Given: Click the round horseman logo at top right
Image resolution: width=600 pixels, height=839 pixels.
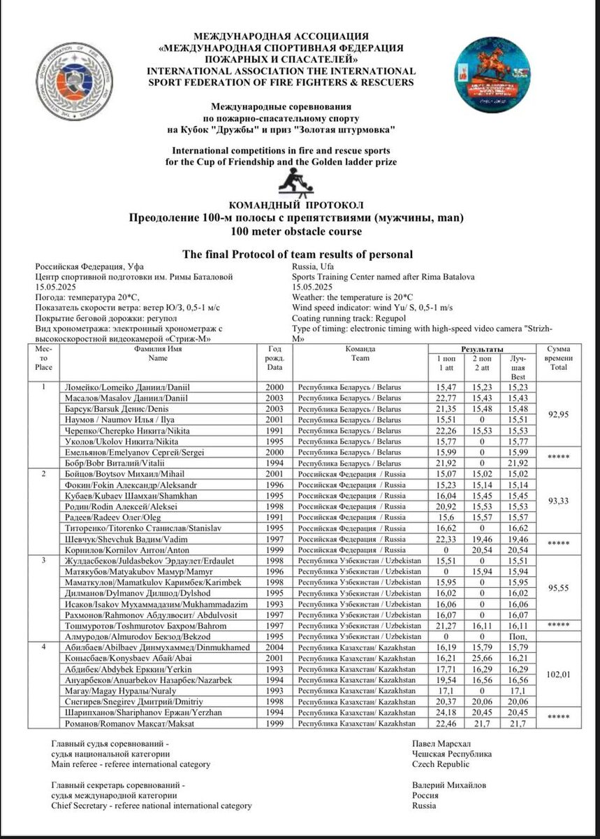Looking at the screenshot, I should click(495, 73).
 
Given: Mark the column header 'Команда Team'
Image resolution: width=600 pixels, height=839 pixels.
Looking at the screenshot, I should click(360, 353).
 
